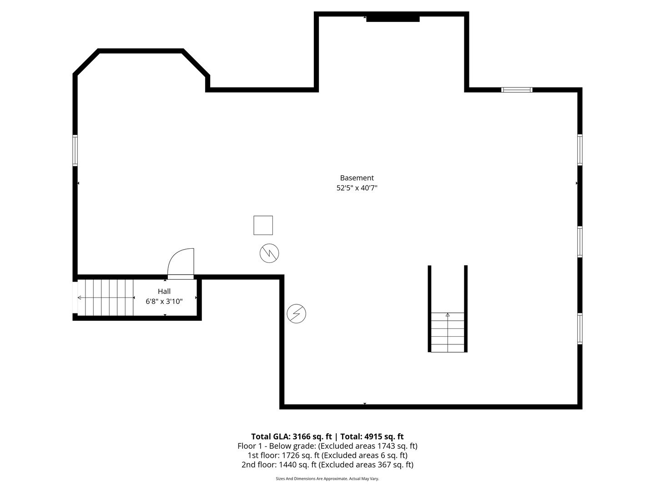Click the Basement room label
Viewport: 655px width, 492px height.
coord(357,178)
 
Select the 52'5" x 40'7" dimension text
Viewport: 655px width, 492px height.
coord(357,188)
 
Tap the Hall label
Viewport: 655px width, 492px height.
coord(164,291)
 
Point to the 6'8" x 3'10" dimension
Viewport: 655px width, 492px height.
coord(164,302)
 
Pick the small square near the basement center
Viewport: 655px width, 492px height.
coord(263,225)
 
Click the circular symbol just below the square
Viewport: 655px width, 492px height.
coord(269,253)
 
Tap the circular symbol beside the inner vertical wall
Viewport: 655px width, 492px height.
coord(296,314)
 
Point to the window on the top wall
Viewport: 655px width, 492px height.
coord(517,90)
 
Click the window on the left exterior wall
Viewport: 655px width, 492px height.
coord(75,150)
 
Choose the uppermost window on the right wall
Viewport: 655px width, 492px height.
coord(579,150)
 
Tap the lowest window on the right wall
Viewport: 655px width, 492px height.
coord(579,328)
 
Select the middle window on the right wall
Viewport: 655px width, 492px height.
coord(579,241)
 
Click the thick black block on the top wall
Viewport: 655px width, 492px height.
coord(393,19)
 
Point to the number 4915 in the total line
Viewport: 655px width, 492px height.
coord(373,436)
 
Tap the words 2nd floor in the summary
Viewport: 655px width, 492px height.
coord(258,465)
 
